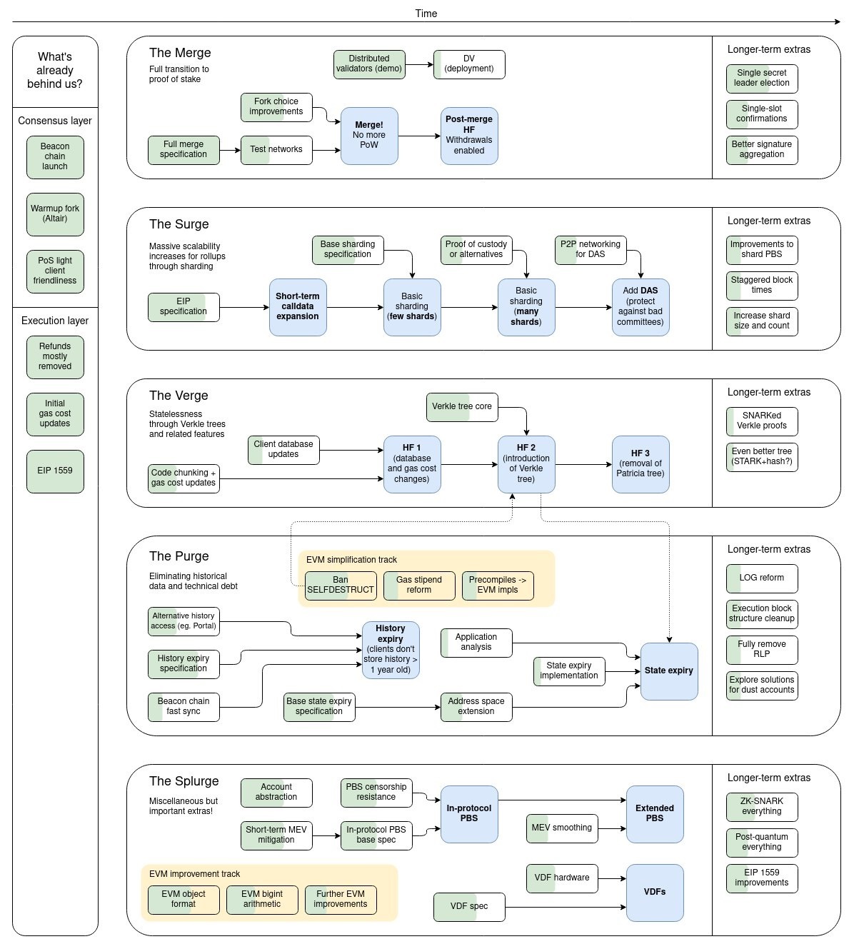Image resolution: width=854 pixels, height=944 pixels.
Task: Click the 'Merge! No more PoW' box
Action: [369, 136]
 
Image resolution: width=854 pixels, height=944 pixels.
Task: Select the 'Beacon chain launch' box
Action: [55, 156]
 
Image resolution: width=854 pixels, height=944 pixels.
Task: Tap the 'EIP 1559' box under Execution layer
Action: [55, 471]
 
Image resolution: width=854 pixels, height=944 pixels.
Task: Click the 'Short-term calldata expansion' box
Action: [298, 307]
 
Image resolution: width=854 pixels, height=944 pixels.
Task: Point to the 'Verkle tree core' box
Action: [462, 407]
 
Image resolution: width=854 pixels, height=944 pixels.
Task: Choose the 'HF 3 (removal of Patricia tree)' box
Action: [640, 464]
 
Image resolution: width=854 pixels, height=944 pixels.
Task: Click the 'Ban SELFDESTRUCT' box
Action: [341, 586]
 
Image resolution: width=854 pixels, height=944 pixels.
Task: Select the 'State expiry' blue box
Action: [669, 671]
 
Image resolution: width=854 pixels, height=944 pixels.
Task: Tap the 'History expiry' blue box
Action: [391, 650]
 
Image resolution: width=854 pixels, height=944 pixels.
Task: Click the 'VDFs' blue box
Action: [655, 893]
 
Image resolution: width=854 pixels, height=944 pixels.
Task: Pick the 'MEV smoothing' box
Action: [562, 828]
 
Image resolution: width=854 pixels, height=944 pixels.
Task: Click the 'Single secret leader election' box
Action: [762, 79]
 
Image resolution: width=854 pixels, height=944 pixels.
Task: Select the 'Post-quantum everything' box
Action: [762, 843]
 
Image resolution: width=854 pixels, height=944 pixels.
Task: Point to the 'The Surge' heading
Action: [179, 224]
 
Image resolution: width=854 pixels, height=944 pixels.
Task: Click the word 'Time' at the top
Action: [426, 14]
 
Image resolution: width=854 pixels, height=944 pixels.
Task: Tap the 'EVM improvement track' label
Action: [194, 874]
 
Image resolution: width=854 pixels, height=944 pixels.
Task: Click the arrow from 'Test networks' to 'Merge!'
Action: [326, 150]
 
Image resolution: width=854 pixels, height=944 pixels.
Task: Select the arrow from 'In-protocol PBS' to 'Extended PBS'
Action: [562, 800]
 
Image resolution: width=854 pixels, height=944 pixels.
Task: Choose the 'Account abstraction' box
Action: [276, 793]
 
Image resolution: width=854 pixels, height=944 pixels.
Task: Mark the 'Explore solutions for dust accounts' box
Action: [762, 686]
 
